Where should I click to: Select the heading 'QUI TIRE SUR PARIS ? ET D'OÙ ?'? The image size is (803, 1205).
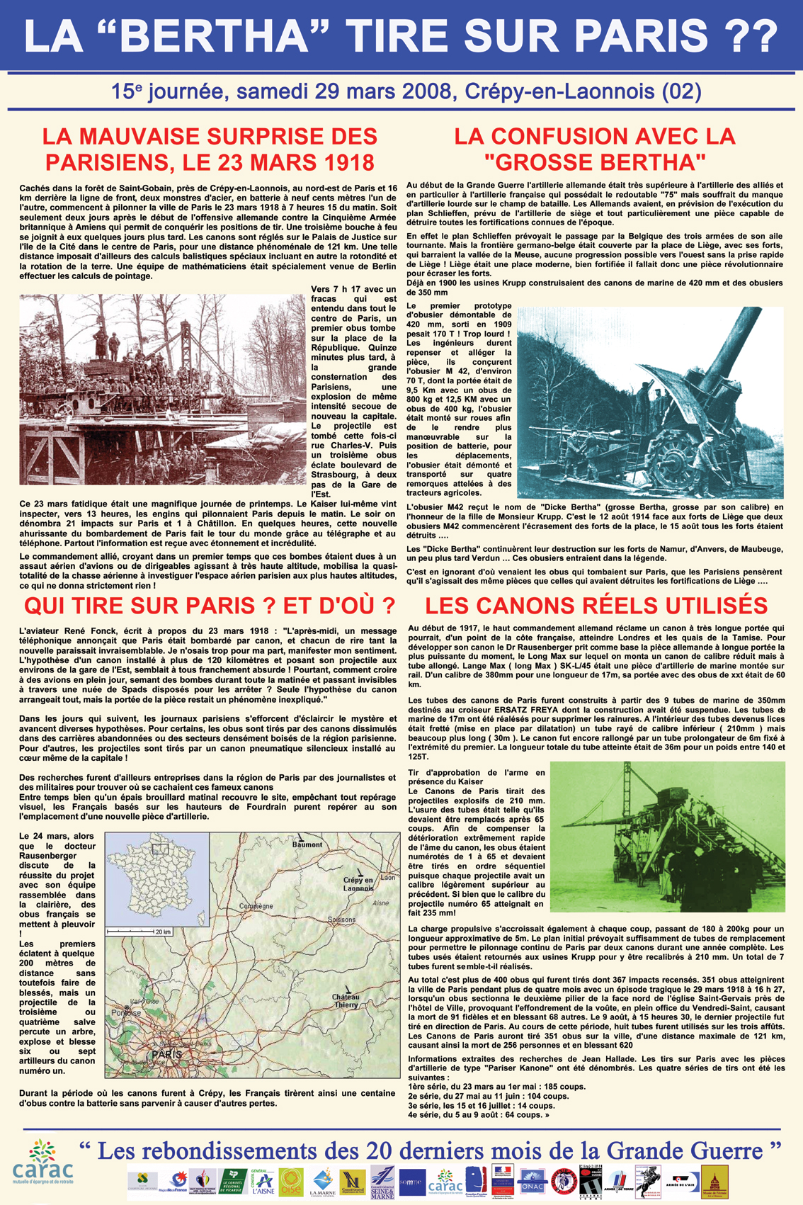pos(209,606)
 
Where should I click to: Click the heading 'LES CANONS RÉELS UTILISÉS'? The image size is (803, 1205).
pos(596,606)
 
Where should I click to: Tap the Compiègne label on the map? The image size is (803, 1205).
pos(256,906)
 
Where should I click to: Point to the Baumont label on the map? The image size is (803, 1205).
pos(307,844)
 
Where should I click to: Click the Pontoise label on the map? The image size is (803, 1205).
pos(127,1012)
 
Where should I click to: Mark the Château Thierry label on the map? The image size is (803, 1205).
pos(346,1000)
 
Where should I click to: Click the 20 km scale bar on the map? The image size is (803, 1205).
pos(139,931)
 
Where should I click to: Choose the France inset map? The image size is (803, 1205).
pos(157,878)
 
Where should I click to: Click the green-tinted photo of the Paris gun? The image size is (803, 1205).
pos(667,836)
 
